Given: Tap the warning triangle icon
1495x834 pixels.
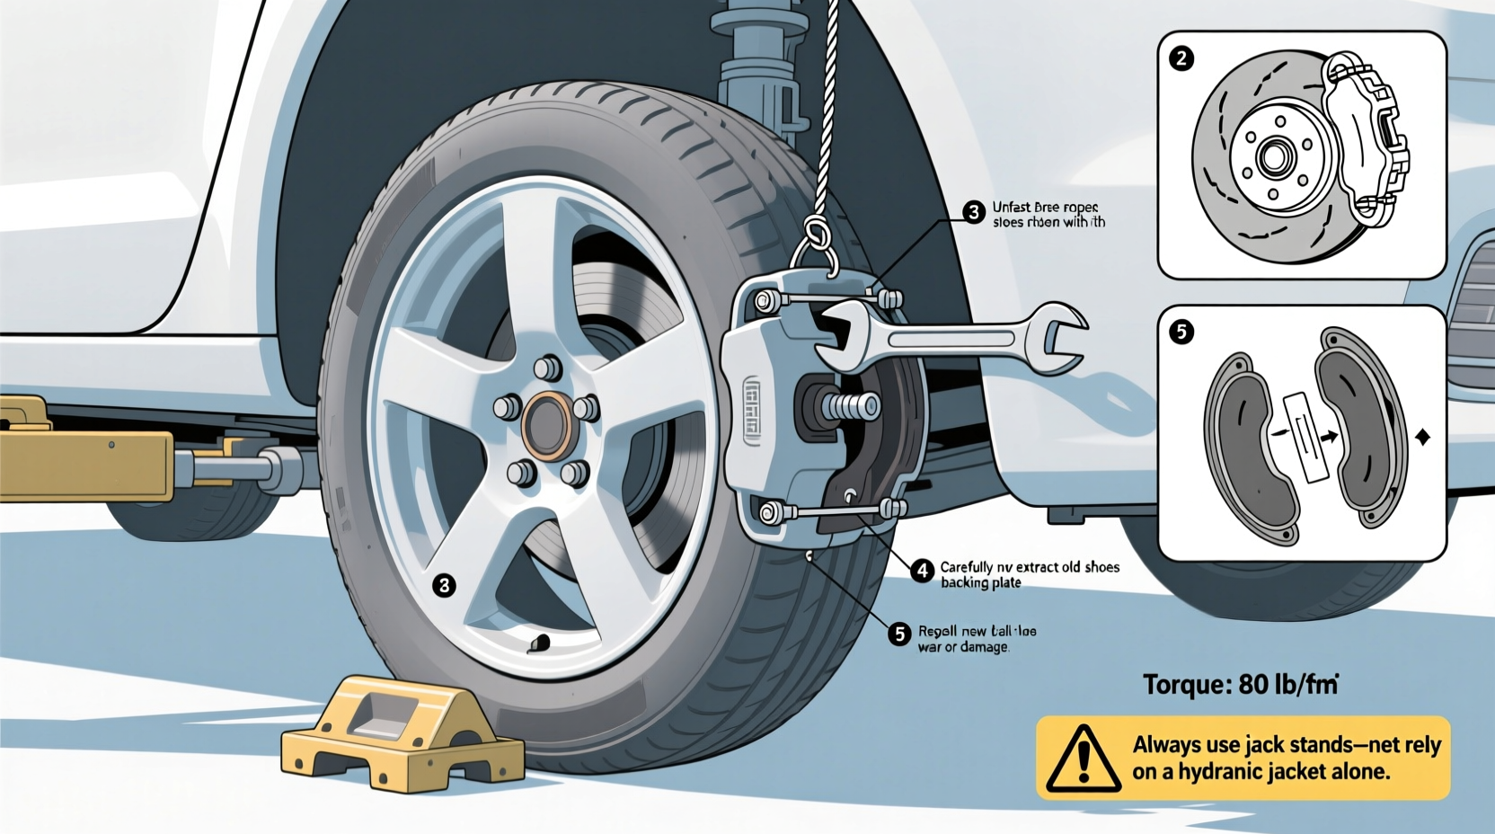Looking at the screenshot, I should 1084,759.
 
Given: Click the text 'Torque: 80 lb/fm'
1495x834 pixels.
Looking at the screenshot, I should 1241,685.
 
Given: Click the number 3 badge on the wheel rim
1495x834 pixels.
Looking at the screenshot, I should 444,586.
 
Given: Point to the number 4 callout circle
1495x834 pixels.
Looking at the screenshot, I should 922,570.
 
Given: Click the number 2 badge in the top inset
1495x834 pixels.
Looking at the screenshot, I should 1181,59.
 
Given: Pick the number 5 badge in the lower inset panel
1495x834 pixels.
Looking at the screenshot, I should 1181,332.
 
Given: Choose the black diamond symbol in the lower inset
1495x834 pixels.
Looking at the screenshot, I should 1422,438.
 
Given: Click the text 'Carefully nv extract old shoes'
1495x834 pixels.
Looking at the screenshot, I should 1030,567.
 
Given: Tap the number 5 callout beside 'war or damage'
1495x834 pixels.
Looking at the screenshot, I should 899,634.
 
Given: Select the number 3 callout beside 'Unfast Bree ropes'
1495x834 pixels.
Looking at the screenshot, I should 974,212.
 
